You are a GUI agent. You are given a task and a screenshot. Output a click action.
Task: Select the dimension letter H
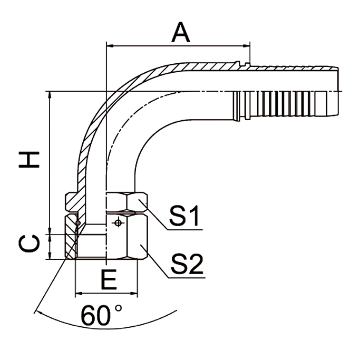click(x=29, y=159)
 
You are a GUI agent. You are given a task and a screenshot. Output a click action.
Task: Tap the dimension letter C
click(x=29, y=244)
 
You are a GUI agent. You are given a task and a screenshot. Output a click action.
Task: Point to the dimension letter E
click(x=109, y=280)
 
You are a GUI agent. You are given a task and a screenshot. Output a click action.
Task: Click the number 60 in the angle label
click(x=96, y=316)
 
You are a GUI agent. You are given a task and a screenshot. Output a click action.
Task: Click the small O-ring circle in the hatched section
click(x=78, y=223)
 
